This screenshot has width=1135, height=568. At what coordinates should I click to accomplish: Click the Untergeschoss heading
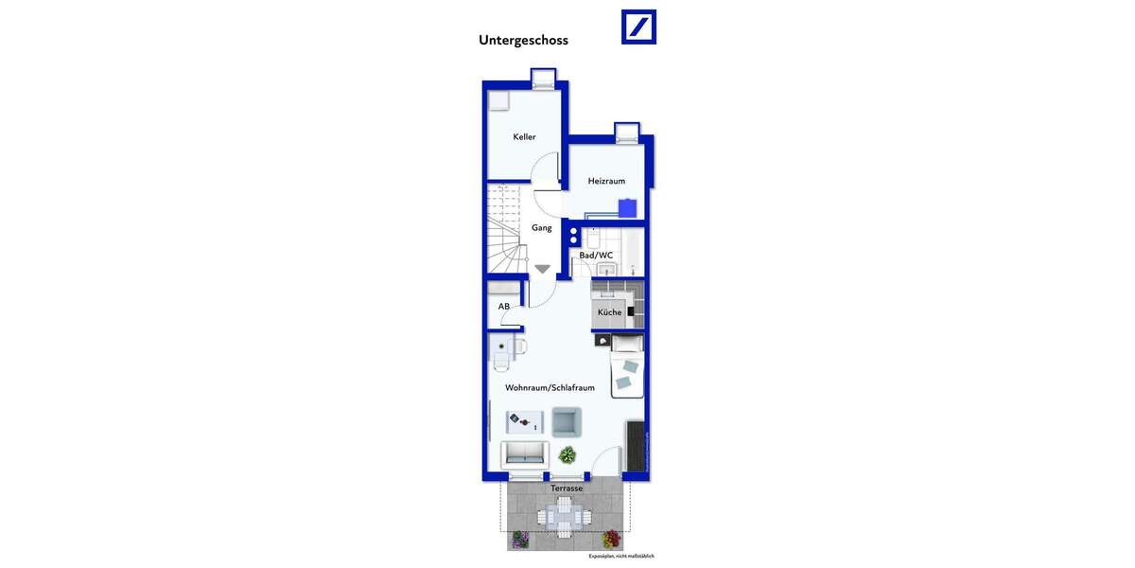pos(523,41)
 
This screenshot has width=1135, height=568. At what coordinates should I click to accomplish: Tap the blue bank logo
pos(638,27)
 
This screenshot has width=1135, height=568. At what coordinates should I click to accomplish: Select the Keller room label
pos(524,137)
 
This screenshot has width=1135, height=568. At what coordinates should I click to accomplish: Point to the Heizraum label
pos(606,181)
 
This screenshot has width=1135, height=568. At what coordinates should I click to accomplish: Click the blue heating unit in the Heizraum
pos(626,208)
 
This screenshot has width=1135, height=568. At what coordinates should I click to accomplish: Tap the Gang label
pos(541,228)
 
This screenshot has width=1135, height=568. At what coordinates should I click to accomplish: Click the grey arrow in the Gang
pos(542,269)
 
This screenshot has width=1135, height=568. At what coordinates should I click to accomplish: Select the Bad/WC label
pos(596,256)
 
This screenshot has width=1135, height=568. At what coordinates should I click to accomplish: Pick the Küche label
pos(609,312)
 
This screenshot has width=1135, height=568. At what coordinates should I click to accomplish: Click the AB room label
pos(504,307)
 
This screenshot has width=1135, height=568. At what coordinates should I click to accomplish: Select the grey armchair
pos(566,420)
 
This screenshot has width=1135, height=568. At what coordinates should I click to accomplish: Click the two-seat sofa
pos(524,453)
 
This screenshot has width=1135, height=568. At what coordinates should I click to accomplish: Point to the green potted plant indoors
pos(567,454)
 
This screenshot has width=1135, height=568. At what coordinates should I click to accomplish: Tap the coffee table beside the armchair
pos(524,420)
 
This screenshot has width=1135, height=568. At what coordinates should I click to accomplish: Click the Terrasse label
pos(567,488)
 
